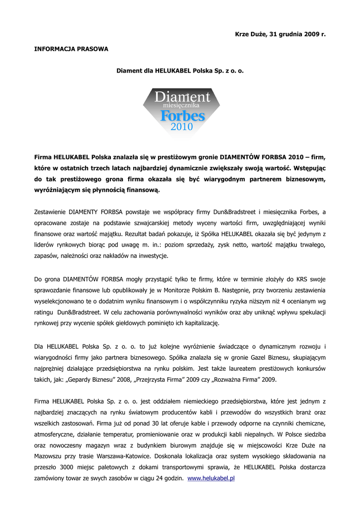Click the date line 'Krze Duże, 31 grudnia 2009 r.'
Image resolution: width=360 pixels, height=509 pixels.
pos(280,34)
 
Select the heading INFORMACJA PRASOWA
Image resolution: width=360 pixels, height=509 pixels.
pos(71,49)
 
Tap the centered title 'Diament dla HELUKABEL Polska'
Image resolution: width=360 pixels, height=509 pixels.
pos(180,71)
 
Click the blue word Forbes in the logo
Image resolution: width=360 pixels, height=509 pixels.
pos(182,116)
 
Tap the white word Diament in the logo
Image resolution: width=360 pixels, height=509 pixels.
pos(182,97)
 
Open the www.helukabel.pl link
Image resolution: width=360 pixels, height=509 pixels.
pos(211,478)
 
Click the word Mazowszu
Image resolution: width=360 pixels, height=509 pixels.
pos(49,456)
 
